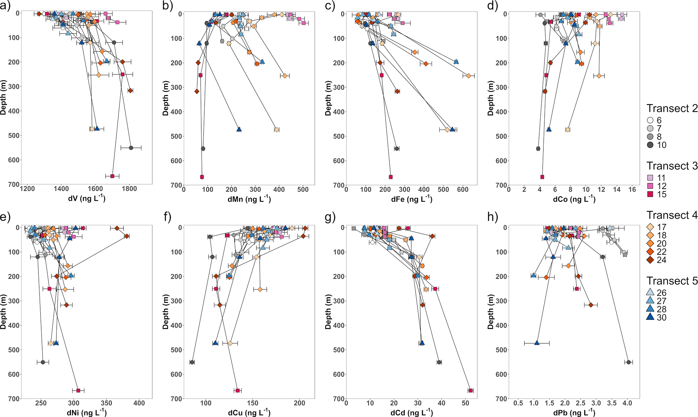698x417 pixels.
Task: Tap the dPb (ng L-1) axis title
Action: pyautogui.click(x=574, y=413)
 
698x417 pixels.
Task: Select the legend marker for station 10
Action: pyautogui.click(x=650, y=145)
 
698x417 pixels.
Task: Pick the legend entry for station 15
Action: pyautogui.click(x=650, y=194)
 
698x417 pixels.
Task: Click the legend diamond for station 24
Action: pyautogui.click(x=650, y=260)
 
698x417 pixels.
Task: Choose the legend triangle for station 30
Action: pyautogui.click(x=650, y=317)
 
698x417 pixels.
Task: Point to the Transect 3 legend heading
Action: pyautogui.click(x=672, y=166)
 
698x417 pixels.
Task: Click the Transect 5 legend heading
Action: pyautogui.click(x=672, y=281)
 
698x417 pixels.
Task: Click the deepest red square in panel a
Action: pyautogui.click(x=112, y=176)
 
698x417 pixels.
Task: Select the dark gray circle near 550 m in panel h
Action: pyautogui.click(x=628, y=362)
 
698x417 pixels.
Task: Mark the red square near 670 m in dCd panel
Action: pyautogui.click(x=471, y=391)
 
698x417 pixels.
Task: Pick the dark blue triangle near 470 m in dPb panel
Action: pyautogui.click(x=537, y=343)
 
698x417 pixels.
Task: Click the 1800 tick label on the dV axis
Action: pyautogui.click(x=129, y=189)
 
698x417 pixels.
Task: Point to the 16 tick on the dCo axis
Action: pyautogui.click(x=632, y=190)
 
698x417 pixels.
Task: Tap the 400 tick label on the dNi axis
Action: pyautogui.click(x=139, y=403)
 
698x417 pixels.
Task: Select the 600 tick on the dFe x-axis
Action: pyautogui.click(x=463, y=190)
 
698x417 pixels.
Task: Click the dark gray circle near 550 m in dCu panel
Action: pyautogui.click(x=192, y=362)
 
